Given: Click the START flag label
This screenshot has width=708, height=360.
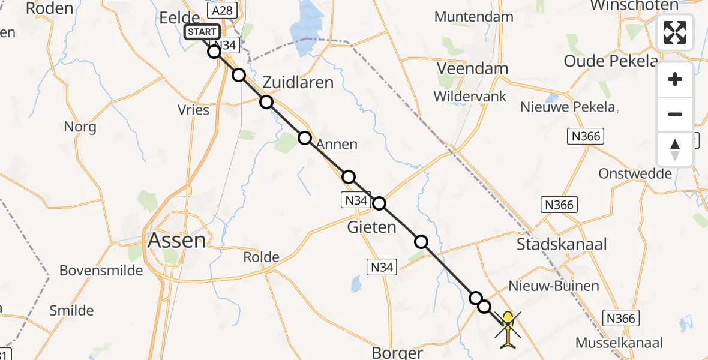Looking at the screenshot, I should pos(202,32).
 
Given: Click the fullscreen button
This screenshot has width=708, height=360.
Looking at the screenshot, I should pos(675,32).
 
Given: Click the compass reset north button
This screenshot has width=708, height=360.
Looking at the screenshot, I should pos(675,149).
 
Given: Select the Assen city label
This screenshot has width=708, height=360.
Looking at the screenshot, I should pos(176,241).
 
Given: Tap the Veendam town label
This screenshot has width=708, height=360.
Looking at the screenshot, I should pos(472,68).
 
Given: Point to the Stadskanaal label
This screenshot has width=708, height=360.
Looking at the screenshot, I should pos(562,244).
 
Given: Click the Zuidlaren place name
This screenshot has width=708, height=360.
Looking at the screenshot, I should pos(298,82).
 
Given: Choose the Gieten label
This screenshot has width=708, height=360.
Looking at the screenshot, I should pos(372,227).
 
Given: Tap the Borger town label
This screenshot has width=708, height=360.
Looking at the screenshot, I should pos(397,352).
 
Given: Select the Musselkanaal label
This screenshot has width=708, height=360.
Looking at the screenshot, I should pos(619,343).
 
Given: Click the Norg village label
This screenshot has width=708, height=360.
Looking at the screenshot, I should pos(80,127).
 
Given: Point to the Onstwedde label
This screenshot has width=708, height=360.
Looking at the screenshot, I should pos(635,173).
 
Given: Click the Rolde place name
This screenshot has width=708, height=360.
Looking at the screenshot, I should pos(261,257).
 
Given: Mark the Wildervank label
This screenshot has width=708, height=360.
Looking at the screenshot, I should pos(470,96).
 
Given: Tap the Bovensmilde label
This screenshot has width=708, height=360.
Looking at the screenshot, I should pos(101,271).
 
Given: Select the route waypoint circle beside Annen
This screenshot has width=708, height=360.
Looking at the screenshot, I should pos(305,138).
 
